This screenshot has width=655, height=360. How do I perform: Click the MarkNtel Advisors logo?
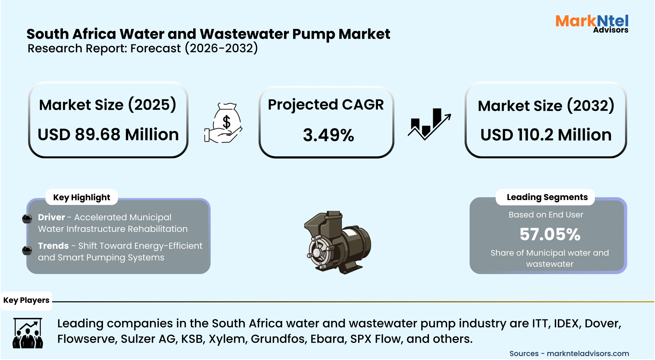[x=592, y=23]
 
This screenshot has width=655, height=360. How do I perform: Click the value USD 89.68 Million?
[x=108, y=134]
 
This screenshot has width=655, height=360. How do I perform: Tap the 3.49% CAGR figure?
[x=328, y=135]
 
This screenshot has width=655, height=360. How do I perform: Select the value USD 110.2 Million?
[x=546, y=135]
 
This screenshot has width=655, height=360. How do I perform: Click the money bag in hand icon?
[x=224, y=123]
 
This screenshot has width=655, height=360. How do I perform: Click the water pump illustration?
[x=337, y=243]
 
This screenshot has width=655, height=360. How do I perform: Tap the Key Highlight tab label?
[x=81, y=198]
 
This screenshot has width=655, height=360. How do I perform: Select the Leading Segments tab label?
[x=547, y=197]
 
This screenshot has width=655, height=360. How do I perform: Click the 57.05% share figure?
[x=550, y=234]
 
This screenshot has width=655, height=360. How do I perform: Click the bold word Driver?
[x=51, y=217]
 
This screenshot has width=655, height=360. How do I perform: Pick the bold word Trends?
[x=53, y=246]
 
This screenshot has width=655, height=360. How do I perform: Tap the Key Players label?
[x=26, y=300]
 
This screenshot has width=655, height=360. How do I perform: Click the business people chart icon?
[x=28, y=333]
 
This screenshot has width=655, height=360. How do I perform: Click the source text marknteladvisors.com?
[x=588, y=353]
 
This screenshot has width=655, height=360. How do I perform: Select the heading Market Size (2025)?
[x=108, y=105]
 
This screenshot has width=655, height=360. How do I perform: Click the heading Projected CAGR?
[x=326, y=105]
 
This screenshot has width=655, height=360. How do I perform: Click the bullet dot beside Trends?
[x=27, y=250]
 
